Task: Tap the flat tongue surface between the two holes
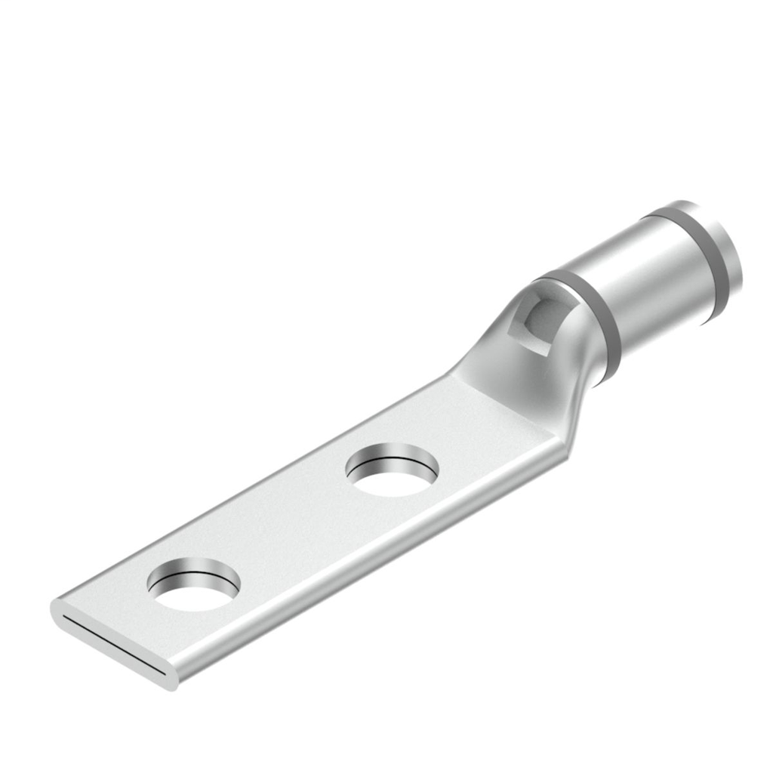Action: click(294, 528)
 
